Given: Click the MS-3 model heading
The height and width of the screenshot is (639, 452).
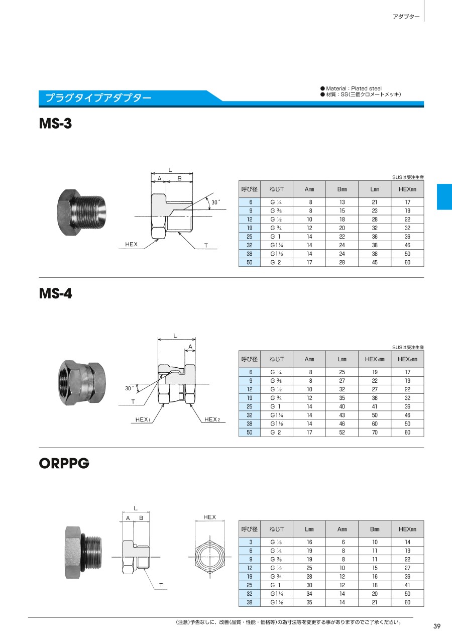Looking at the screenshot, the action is click(55, 124).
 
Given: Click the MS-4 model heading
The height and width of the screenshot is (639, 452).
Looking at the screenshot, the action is click(55, 293).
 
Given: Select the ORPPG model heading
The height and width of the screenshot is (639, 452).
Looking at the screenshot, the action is click(64, 463).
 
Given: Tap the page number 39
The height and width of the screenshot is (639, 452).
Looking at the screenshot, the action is click(437, 626).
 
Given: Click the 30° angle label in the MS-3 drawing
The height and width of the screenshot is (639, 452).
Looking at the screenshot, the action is click(215, 202).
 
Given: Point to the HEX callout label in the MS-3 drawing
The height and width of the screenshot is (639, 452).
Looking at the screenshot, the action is click(131, 244).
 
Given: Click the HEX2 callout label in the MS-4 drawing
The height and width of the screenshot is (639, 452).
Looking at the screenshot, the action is click(212, 419).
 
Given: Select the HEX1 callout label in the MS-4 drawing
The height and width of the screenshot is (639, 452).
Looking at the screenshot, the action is click(143, 419).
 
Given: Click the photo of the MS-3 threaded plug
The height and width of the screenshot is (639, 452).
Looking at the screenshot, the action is click(81, 212).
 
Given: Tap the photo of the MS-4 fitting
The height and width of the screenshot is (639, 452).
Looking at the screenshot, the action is click(82, 382).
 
